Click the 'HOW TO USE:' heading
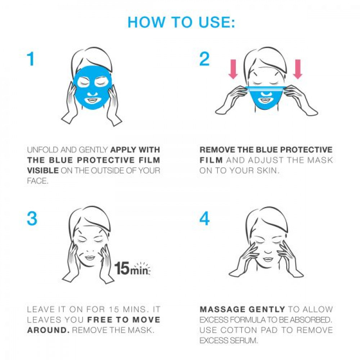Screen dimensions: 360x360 [181, 22]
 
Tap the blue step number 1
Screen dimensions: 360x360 [31, 59]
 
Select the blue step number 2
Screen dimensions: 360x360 [204, 59]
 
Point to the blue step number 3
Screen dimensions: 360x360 [32, 219]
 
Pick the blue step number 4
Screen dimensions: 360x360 [204, 219]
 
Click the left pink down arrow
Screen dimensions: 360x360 [234, 69]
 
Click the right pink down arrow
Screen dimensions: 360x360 [298, 69]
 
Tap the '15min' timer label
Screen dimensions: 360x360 [132, 268]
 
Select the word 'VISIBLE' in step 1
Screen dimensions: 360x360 [43, 170]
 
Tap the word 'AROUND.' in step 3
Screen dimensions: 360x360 [48, 330]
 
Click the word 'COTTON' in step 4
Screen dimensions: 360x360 [239, 330]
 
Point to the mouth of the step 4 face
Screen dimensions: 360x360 [267, 259]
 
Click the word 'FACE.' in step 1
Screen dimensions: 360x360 [38, 181]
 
